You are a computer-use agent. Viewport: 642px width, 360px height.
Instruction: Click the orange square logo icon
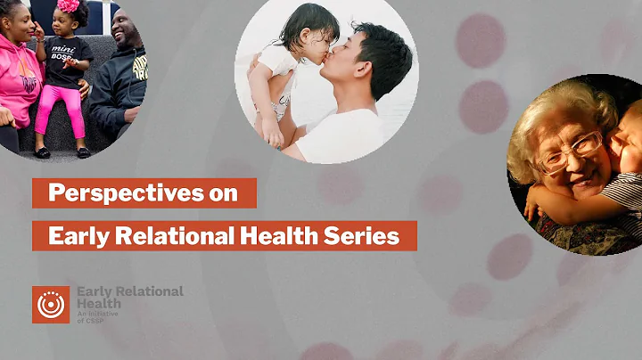(x=51, y=305)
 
